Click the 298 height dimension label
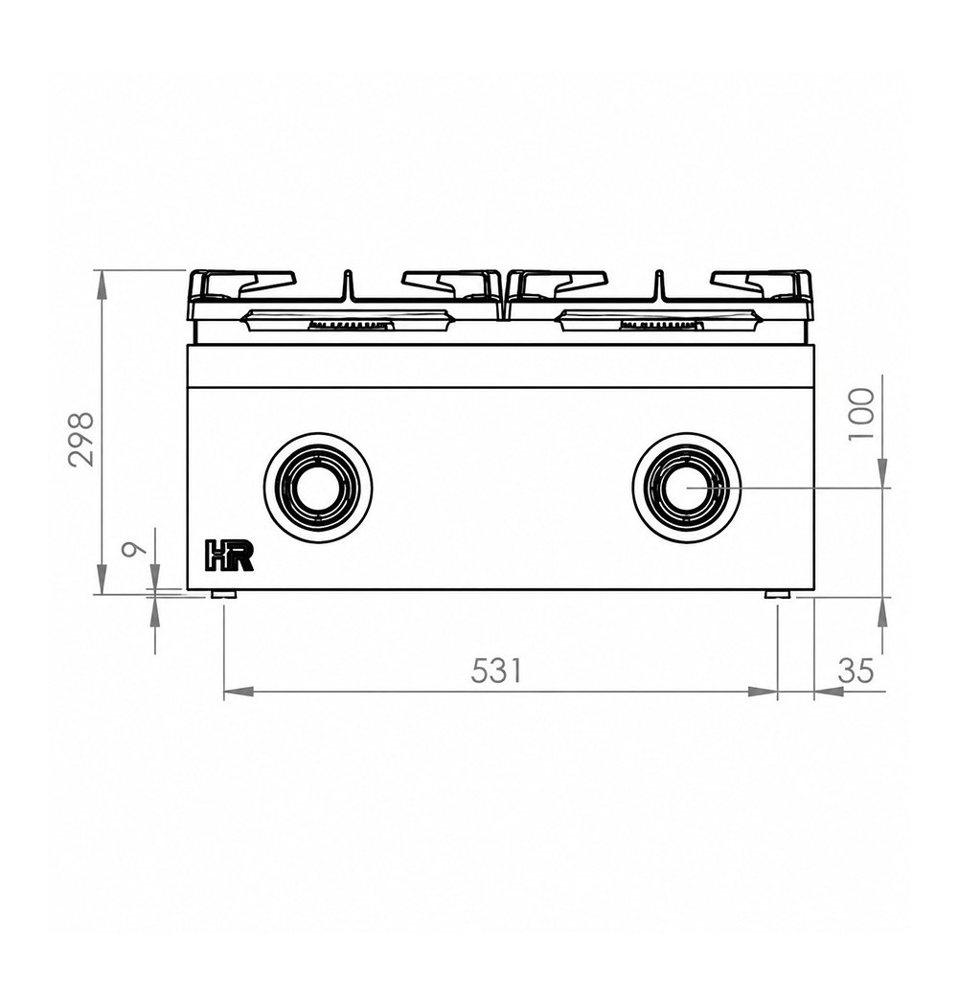[81, 439]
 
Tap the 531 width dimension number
[497, 671]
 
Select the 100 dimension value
[860, 414]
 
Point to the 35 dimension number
[855, 671]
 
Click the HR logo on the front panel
[229, 555]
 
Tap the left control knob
[318, 484]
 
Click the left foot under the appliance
[224, 594]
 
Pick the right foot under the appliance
[777, 594]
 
